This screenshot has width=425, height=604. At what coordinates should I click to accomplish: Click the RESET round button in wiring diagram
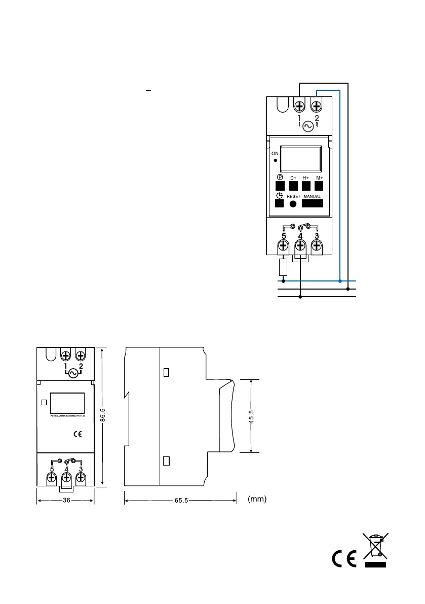point(293,204)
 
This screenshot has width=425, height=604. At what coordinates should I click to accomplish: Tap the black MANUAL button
point(313,203)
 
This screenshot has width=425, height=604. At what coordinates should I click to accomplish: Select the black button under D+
point(293,186)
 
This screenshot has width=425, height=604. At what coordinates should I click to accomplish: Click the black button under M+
point(319,186)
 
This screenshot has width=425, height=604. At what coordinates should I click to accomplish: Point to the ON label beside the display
point(275,152)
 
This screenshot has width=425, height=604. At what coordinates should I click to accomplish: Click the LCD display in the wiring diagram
point(301,158)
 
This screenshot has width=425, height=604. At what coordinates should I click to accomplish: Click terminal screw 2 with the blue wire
point(317,106)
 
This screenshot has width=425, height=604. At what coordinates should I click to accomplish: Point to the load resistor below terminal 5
point(283,267)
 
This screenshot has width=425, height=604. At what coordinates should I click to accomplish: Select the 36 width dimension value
point(66,501)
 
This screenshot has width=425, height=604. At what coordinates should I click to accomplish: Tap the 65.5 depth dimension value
point(181,501)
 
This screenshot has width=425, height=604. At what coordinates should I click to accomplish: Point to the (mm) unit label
point(257,500)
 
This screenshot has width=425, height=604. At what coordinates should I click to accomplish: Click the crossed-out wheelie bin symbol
point(375,550)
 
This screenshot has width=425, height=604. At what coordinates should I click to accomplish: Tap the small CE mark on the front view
point(78,434)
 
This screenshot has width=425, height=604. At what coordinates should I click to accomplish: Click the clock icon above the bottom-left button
point(279,195)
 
